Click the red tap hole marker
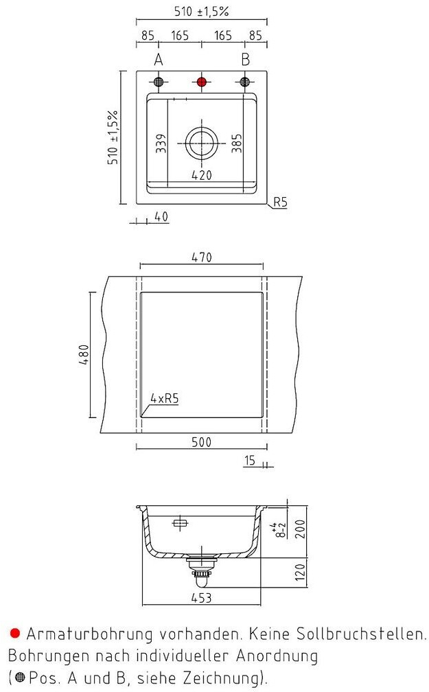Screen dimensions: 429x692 202,82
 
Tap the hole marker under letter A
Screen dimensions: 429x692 159,82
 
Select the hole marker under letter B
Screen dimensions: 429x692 244,82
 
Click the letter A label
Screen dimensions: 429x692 159,60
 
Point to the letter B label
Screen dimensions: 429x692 244,60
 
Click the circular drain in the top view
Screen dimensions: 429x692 201,142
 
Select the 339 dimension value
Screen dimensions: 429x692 161,142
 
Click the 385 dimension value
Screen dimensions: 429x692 236,142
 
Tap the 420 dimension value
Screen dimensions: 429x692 201,175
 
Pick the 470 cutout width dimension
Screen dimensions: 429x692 201,257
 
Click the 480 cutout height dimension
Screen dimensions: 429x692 82,354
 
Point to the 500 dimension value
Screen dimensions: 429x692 201,441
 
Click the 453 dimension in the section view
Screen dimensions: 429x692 201,598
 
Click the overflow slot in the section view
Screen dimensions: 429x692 180,523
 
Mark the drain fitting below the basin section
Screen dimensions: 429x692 201,568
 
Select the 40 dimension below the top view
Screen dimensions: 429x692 161,217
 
